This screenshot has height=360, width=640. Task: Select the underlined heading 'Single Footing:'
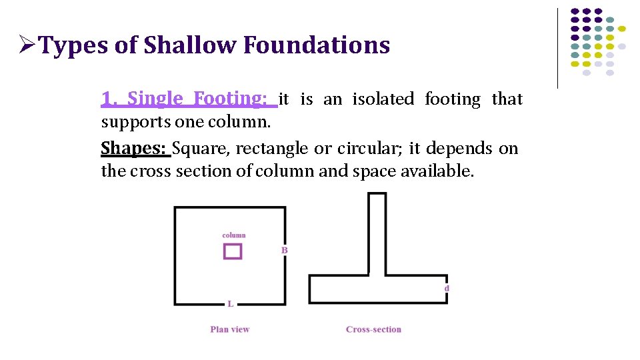click(197, 99)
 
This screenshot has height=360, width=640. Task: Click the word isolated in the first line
click(383, 99)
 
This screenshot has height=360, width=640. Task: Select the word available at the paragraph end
click(437, 171)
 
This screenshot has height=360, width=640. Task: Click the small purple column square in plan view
click(233, 251)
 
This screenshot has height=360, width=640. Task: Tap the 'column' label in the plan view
click(233, 235)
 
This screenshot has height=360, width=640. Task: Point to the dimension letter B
click(284, 250)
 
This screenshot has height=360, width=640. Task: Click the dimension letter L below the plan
click(230, 304)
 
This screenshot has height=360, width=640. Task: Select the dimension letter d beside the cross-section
click(447, 288)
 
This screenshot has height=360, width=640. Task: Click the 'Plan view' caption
click(229, 329)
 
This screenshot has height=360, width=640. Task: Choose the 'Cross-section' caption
click(373, 329)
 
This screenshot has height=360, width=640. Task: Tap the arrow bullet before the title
click(26, 45)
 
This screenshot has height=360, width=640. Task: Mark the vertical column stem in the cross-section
click(377, 233)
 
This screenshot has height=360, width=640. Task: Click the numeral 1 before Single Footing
click(105, 99)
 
